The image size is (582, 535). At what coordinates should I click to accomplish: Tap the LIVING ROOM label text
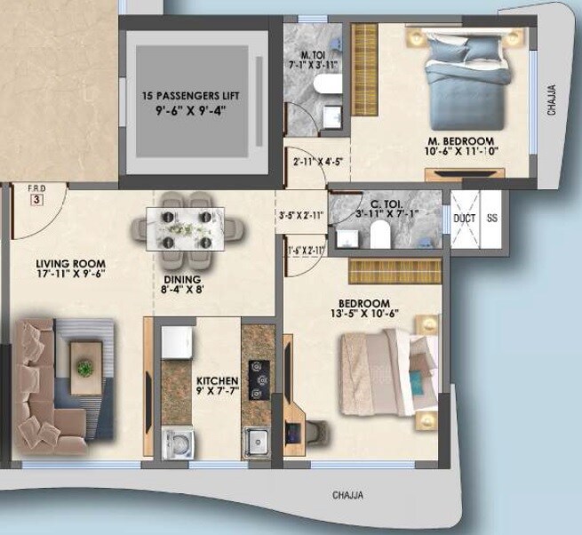(71, 264)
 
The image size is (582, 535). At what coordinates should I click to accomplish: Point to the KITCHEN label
(216, 379)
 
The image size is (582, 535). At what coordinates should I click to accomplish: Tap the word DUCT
(465, 218)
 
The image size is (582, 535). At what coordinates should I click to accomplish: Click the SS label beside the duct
(493, 218)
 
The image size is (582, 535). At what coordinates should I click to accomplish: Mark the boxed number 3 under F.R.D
(36, 200)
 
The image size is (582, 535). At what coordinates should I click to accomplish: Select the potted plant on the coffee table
(84, 366)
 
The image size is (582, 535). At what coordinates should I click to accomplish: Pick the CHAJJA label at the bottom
(349, 496)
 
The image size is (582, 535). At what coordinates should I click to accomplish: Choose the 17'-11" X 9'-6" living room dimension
(71, 276)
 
